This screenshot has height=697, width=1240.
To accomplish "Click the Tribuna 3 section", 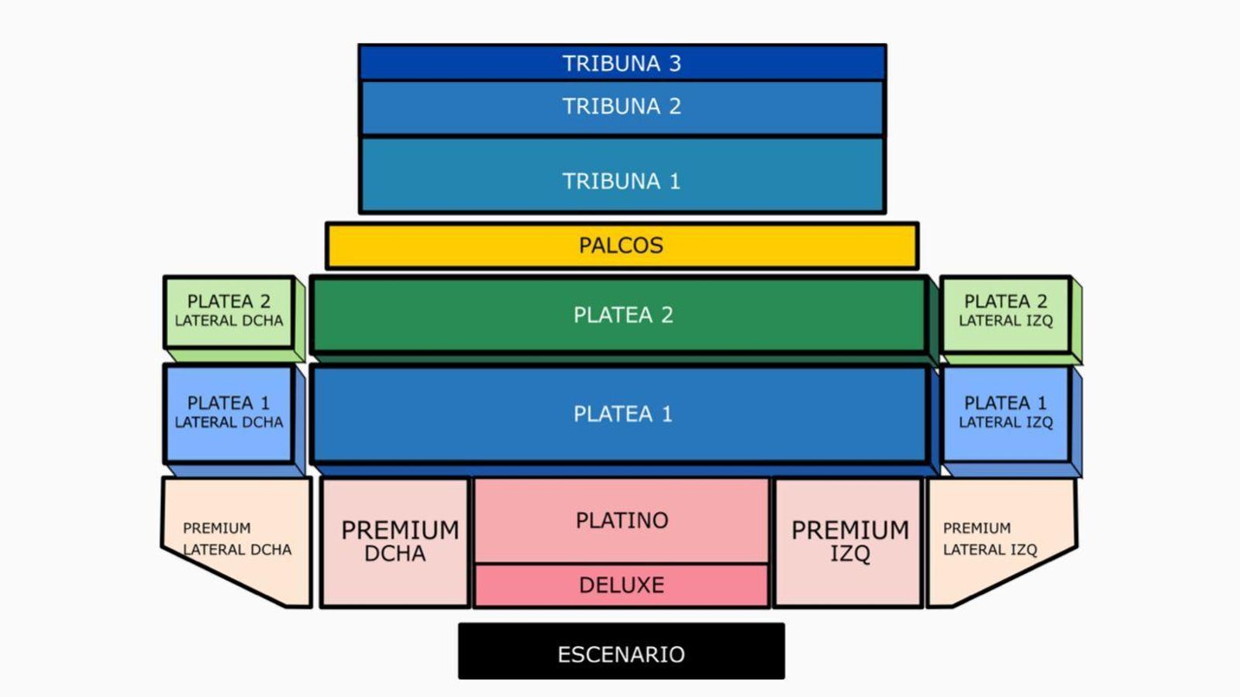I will [622, 63].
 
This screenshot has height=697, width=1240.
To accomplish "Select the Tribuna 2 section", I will [622, 107].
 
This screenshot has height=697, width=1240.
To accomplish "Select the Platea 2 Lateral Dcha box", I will [229, 311].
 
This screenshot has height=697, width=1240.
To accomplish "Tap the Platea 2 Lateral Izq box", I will [1005, 311].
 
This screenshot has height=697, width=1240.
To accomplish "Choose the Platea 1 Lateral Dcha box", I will [229, 413].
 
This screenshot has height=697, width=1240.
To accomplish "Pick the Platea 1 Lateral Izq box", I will [1005, 413].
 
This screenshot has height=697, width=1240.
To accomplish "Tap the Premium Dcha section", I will [395, 541].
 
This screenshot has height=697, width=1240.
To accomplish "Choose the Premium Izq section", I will [849, 541].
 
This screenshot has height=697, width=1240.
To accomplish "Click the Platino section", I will [622, 520].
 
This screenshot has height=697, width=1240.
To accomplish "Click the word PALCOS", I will [621, 245].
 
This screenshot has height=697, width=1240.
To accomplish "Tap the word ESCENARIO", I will [621, 654].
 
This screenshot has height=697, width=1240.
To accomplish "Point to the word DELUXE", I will [622, 585].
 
